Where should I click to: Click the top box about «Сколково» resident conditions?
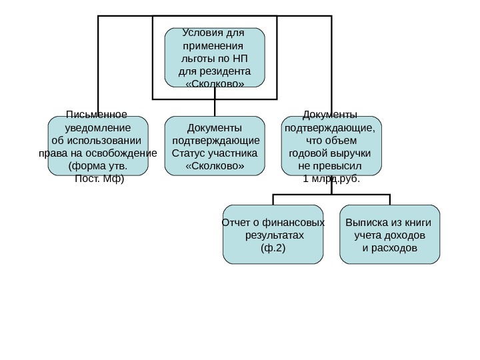coord(215,58)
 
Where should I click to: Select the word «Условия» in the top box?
coord(199,33)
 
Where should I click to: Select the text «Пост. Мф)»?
coord(99,178)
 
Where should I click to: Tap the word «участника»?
coord(233,153)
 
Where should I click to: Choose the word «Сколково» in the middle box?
coord(215,165)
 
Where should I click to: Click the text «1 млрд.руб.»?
coord(331,179)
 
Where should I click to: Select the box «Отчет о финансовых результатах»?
coord(273,235)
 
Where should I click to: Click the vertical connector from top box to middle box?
coord(215,107)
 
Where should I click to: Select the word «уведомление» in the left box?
coord(97,127)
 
